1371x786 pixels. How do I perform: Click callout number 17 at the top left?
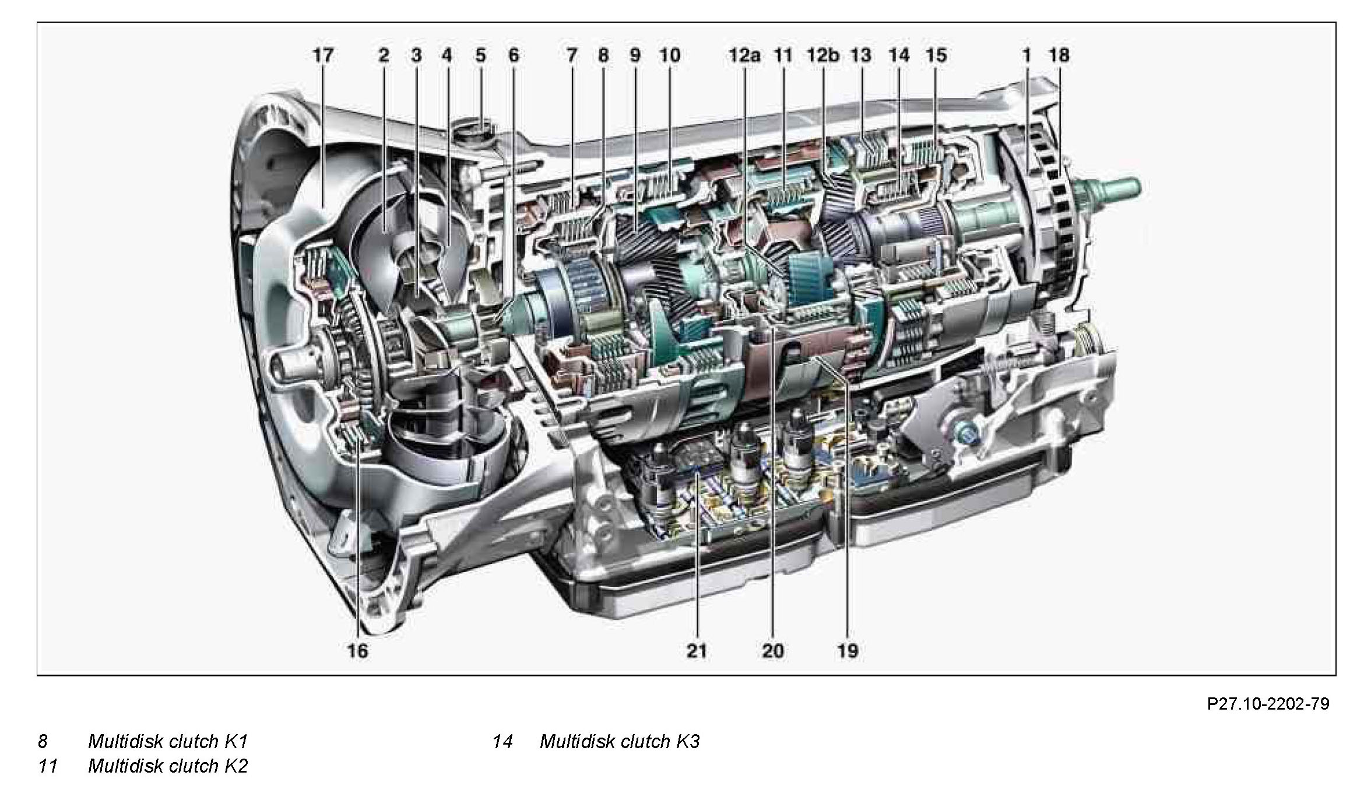pyautogui.click(x=323, y=56)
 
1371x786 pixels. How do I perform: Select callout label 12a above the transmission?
pyautogui.click(x=744, y=56)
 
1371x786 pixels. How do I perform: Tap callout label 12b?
pyautogui.click(x=822, y=56)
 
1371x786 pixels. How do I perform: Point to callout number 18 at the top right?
pyautogui.click(x=1059, y=56)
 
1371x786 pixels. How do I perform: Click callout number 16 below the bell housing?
pyautogui.click(x=358, y=651)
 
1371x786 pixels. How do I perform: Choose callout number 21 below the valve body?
pyautogui.click(x=696, y=651)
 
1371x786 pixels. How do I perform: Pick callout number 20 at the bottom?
pyautogui.click(x=773, y=651)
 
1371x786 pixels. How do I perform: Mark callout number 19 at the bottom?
pyautogui.click(x=848, y=651)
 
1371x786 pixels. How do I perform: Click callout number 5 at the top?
pyautogui.click(x=480, y=56)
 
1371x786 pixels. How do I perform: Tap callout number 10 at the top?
pyautogui.click(x=670, y=56)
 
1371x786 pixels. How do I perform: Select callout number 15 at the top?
pyautogui.click(x=936, y=56)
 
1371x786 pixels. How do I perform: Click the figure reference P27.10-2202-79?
pyautogui.click(x=1268, y=704)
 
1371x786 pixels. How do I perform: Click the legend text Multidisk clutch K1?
pyautogui.click(x=168, y=742)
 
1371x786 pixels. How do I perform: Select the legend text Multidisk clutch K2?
pyautogui.click(x=168, y=766)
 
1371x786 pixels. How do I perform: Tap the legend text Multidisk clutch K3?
pyautogui.click(x=620, y=742)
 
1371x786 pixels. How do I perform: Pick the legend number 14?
pyautogui.click(x=502, y=742)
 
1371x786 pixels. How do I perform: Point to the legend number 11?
pyautogui.click(x=48, y=766)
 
